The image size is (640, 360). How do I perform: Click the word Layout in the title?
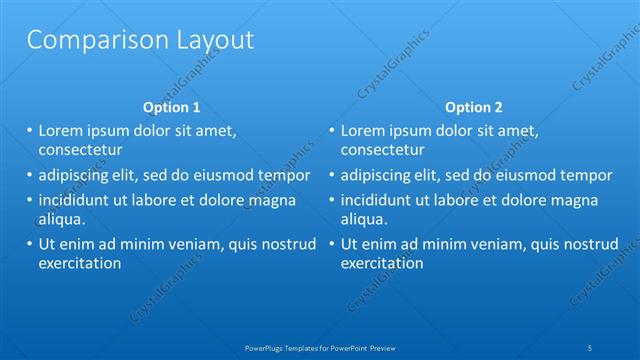[x=213, y=41]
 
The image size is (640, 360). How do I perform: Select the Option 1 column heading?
[x=172, y=107]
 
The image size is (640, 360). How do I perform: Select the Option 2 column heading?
[x=474, y=107]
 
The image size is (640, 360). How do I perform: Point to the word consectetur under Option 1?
[x=80, y=150]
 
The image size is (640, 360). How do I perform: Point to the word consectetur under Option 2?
[x=382, y=150]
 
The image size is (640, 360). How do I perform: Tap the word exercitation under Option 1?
[x=80, y=264]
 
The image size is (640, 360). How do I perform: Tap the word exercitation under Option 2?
[x=382, y=264]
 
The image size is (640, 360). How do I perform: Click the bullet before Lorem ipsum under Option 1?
[x=30, y=130]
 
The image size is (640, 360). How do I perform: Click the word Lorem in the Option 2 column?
[x=362, y=130]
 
